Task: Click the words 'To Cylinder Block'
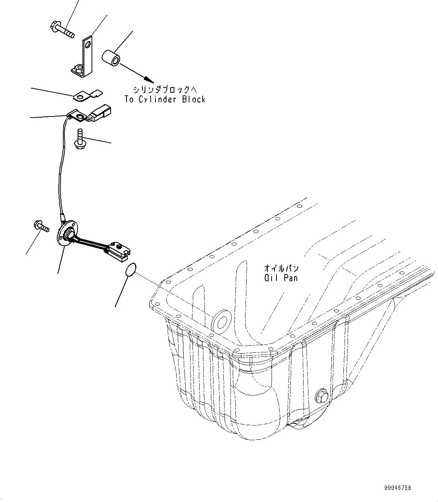point(165,99)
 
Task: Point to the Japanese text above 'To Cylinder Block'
point(165,90)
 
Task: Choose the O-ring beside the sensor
point(130,270)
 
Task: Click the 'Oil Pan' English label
point(281,278)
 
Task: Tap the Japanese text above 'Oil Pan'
point(281,269)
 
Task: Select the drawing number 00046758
point(398,488)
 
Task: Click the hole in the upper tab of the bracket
point(88,45)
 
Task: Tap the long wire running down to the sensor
point(60,170)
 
